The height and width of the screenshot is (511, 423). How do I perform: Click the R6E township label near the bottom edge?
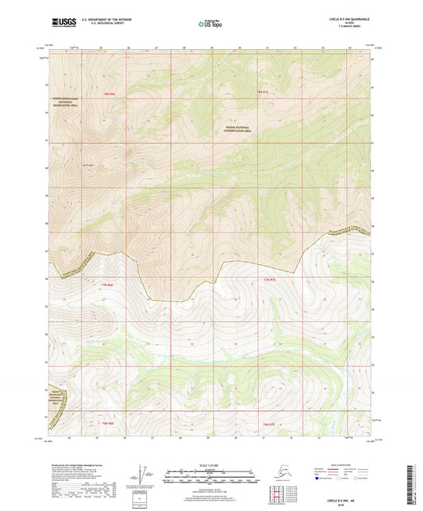pyautogui.click(x=109, y=424)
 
